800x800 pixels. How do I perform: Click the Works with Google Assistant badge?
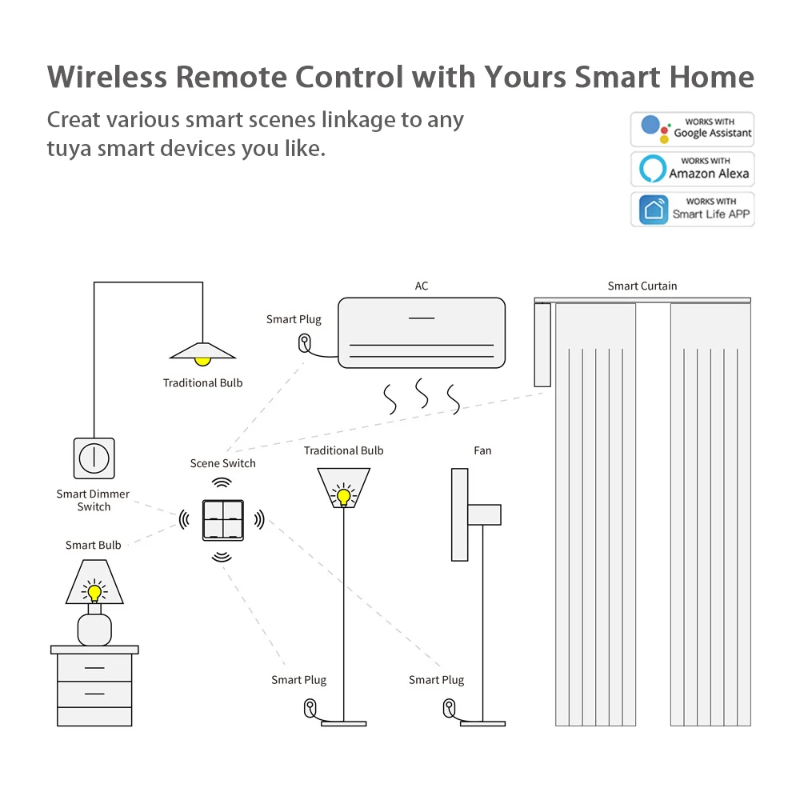(693, 129)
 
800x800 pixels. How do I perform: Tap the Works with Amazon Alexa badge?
(693, 169)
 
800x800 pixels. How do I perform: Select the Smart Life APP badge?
(693, 209)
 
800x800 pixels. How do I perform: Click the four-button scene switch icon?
(222, 520)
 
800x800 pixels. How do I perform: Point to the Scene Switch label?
(222, 463)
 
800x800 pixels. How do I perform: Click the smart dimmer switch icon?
(94, 458)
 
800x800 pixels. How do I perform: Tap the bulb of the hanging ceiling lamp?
(203, 359)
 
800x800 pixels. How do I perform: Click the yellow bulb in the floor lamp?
(344, 496)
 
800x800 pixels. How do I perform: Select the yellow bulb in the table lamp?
(94, 593)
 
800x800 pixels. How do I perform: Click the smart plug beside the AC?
(305, 342)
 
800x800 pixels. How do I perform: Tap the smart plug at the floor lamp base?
(310, 707)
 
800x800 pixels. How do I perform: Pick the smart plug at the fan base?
(449, 707)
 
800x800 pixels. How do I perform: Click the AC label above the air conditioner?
(422, 286)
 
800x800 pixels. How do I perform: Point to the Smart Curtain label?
(642, 286)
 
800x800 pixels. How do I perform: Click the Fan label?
(482, 450)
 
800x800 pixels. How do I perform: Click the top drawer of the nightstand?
(94, 667)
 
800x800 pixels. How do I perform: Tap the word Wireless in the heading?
(107, 78)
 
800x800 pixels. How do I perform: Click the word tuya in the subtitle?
(72, 149)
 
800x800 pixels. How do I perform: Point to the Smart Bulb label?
(94, 546)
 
